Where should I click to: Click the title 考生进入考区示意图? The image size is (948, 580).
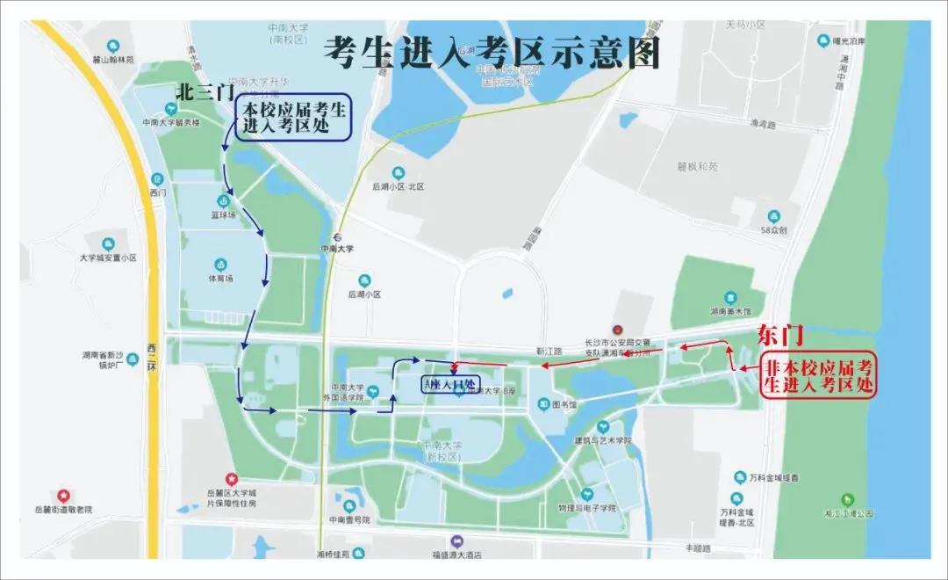click(491, 53)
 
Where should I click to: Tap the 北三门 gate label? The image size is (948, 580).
click(205, 91)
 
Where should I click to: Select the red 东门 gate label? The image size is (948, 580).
click(780, 336)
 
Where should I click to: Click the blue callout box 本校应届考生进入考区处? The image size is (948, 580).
click(293, 118)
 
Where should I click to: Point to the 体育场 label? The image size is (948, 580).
click(220, 278)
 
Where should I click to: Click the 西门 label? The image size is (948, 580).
click(157, 191)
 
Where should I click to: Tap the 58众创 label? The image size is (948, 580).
click(773, 230)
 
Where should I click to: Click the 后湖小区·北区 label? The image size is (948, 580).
click(398, 186)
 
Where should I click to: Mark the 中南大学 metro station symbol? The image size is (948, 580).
click(336, 236)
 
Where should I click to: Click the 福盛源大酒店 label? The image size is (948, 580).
click(456, 555)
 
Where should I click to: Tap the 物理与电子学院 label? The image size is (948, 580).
click(587, 507)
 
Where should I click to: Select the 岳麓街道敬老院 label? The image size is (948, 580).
click(62, 509)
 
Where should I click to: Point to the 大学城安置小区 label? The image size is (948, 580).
click(108, 257)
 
